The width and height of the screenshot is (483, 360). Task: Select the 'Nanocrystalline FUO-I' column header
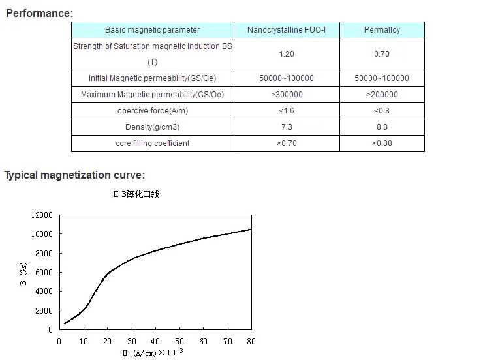click(287, 30)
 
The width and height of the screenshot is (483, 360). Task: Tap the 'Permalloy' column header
click(382, 30)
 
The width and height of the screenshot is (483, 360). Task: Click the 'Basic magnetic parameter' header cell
click(153, 30)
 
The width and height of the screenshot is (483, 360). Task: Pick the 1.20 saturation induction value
click(287, 54)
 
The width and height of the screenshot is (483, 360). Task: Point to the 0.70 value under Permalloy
click(382, 54)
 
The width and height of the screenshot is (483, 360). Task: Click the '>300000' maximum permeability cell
click(287, 95)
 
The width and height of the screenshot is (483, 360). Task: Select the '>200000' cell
click(382, 95)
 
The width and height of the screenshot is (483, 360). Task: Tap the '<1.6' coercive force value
click(287, 111)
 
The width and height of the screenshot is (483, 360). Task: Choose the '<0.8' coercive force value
click(382, 111)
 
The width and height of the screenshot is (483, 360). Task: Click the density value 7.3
click(287, 127)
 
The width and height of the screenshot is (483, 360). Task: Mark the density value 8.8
click(382, 127)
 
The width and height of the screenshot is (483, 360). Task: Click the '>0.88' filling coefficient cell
click(382, 143)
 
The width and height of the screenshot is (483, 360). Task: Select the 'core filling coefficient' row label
click(153, 143)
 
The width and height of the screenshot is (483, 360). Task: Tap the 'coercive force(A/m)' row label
click(153, 111)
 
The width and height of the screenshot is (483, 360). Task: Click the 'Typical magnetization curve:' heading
click(74, 175)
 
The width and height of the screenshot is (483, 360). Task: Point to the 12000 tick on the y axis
click(42, 215)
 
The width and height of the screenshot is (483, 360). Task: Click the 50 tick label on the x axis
click(179, 341)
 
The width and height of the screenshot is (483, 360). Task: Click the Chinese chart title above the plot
click(142, 194)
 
